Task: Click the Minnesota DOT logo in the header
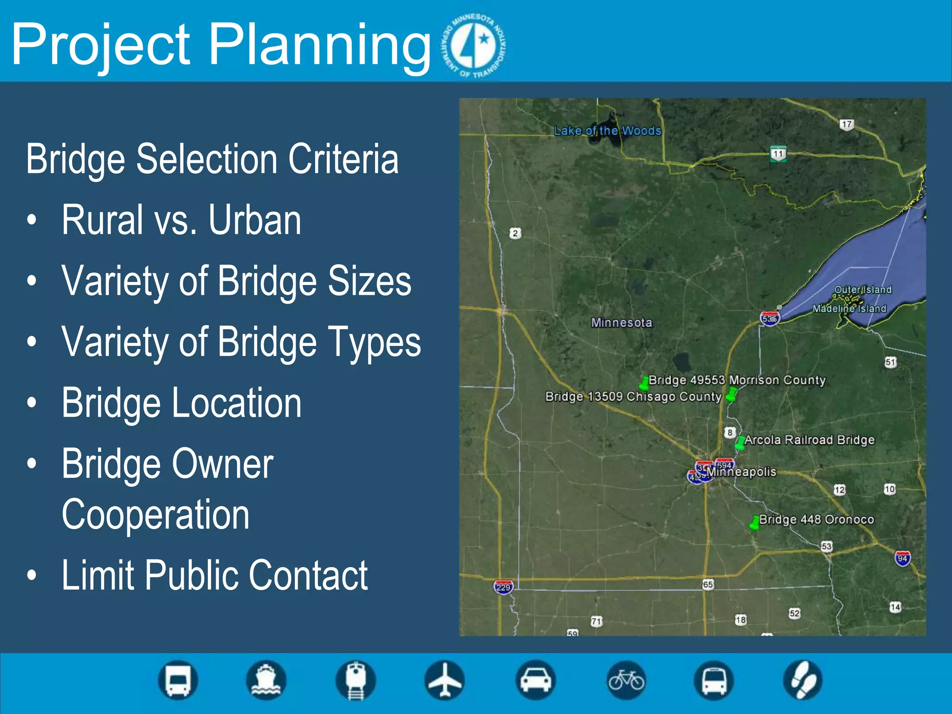pyautogui.click(x=475, y=45)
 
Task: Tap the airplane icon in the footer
pyautogui.click(x=444, y=681)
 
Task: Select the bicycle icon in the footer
pyautogui.click(x=626, y=681)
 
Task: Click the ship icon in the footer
pyautogui.click(x=266, y=681)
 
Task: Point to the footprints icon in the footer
pyautogui.click(x=803, y=681)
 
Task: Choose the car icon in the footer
pyautogui.click(x=535, y=681)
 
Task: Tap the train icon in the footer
pyautogui.click(x=356, y=681)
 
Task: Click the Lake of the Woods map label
pyautogui.click(x=607, y=131)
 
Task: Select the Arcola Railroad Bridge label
pyautogui.click(x=809, y=440)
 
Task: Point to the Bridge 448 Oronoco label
pyautogui.click(x=816, y=519)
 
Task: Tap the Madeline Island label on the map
pyautogui.click(x=849, y=309)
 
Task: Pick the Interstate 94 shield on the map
pyautogui.click(x=902, y=558)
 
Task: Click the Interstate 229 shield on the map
pyautogui.click(x=503, y=587)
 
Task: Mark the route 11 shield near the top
pyautogui.click(x=778, y=154)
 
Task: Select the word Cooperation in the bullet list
pyautogui.click(x=156, y=515)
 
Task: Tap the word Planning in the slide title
pyautogui.click(x=320, y=45)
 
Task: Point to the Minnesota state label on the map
pyautogui.click(x=621, y=323)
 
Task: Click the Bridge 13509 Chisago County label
pyautogui.click(x=633, y=397)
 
